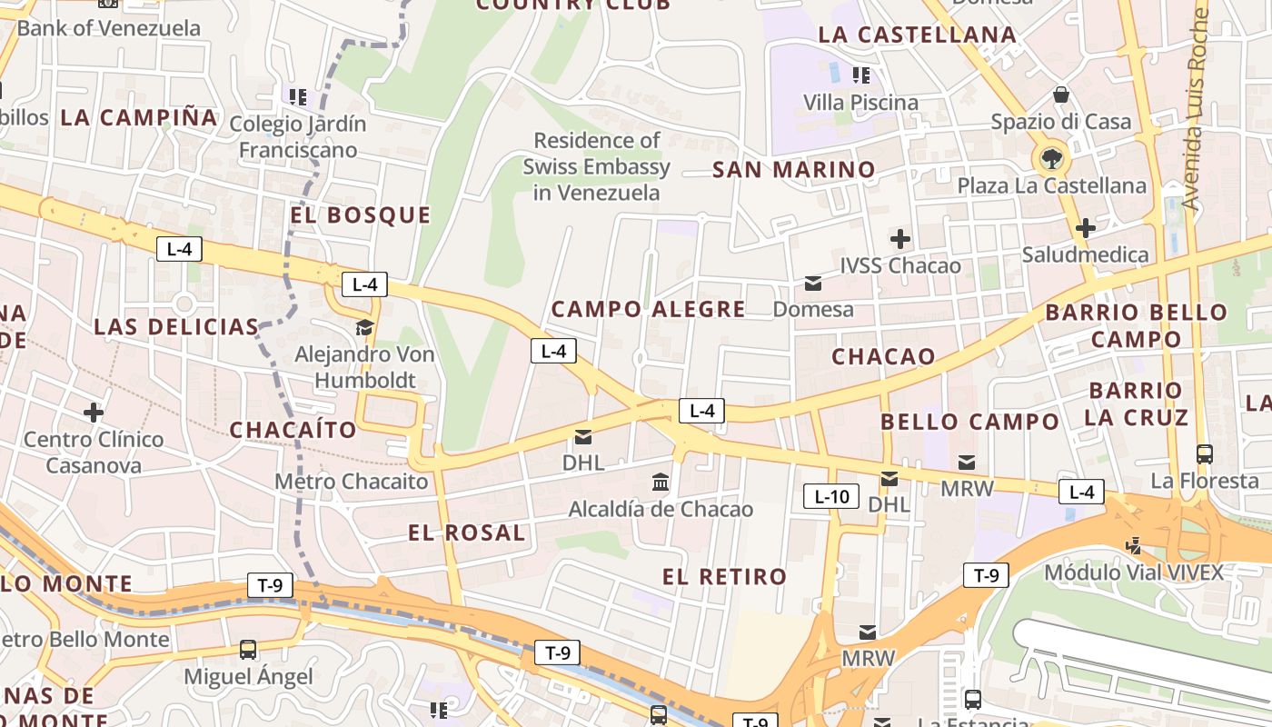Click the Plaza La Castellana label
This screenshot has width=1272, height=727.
(1051, 186)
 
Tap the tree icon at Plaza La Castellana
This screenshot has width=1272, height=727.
(1051, 160)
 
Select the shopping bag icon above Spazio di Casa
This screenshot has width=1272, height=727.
(1060, 95)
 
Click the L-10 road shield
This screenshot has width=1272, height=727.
(831, 496)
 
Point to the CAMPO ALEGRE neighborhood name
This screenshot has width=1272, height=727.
(648, 309)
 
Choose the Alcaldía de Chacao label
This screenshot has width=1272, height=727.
(661, 509)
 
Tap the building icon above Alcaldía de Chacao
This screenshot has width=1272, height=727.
(661, 482)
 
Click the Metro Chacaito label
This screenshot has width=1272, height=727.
(351, 482)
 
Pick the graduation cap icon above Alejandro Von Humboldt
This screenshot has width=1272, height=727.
(364, 327)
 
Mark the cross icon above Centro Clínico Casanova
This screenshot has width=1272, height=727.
(94, 413)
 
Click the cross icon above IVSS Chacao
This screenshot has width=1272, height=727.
(899, 239)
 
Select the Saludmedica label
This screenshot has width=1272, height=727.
(1085, 254)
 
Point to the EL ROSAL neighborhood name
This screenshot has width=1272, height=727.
(466, 533)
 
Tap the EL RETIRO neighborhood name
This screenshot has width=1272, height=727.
(724, 576)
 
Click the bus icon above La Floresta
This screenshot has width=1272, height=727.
(1204, 453)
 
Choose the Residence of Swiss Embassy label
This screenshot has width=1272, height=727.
(596, 166)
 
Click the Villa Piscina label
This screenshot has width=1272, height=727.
(860, 103)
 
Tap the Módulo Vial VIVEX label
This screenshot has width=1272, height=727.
(1133, 573)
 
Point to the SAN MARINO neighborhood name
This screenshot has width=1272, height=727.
(793, 170)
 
